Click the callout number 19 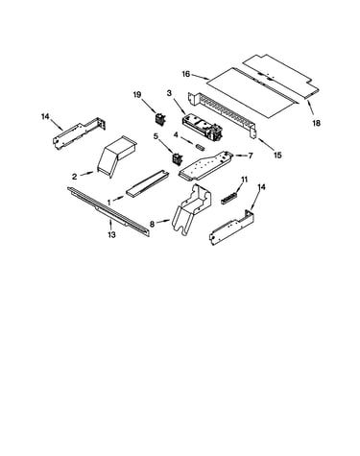[137, 95]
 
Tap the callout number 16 [186, 74]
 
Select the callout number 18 [316, 123]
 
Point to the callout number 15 [277, 156]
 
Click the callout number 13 [111, 235]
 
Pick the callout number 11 [244, 180]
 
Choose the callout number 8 [152, 225]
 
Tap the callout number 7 [251, 156]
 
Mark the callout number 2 [74, 177]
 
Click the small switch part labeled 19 [159, 119]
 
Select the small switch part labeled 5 [177, 159]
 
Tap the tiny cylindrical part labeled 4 [200, 147]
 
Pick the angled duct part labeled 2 [115, 156]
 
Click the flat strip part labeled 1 [147, 183]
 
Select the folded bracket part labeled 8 [192, 209]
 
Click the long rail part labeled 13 [108, 212]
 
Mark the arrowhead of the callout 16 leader [208, 79]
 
